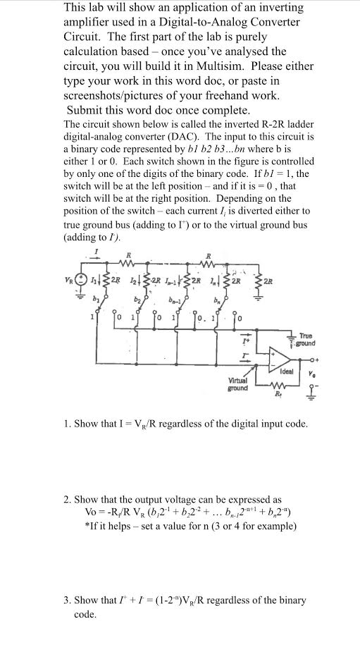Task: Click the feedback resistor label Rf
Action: click(x=285, y=396)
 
